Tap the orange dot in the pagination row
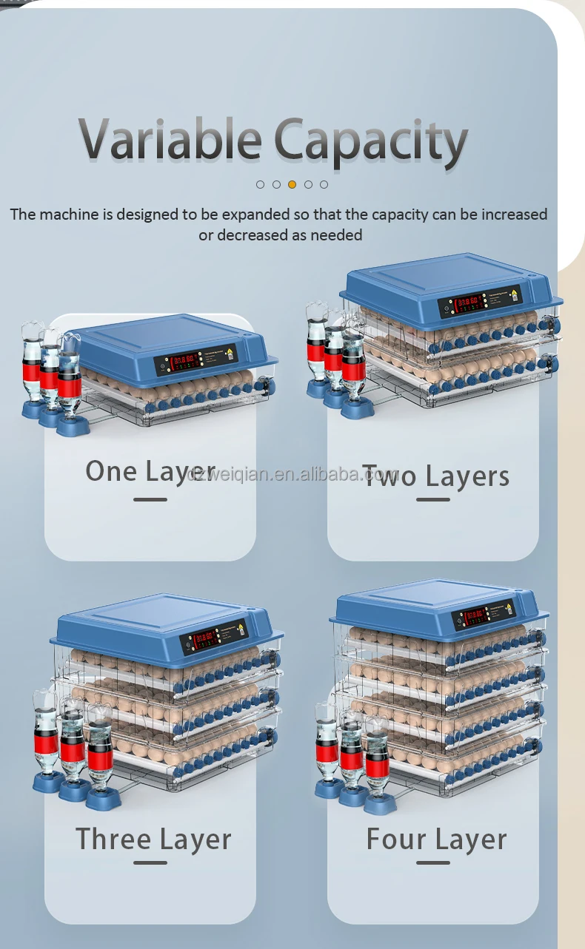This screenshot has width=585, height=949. pos(292,184)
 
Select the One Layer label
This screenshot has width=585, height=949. pos(150,471)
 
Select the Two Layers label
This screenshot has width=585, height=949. pos(435,476)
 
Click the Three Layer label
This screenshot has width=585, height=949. pos(153,840)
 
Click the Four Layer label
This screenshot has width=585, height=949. pos(436,840)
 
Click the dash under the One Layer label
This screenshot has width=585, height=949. pos(150,500)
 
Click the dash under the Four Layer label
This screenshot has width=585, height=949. pos(433,862)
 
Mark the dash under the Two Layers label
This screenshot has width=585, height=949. pos(433,500)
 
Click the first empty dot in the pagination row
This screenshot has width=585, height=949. pos(260,184)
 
